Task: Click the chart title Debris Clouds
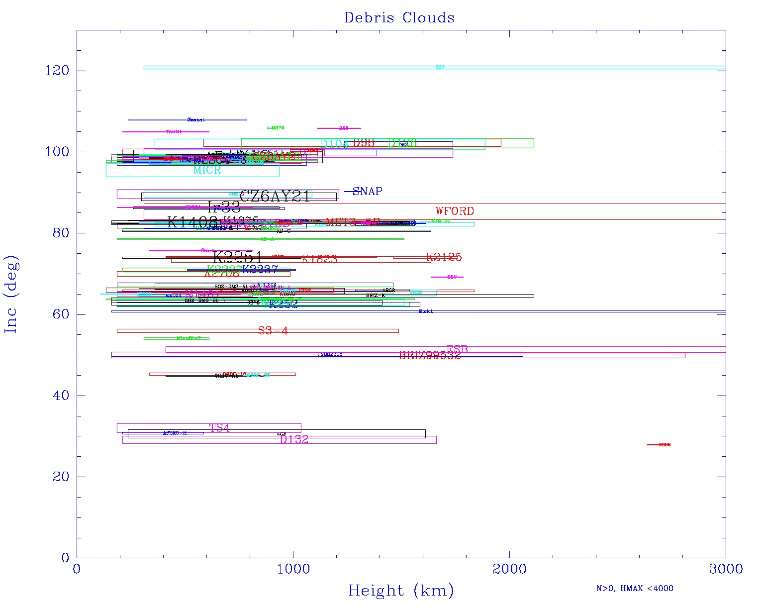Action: pyautogui.click(x=399, y=18)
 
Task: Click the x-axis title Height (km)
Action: pyautogui.click(x=401, y=591)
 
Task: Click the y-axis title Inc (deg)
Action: pyautogui.click(x=11, y=294)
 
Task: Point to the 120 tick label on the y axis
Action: pyautogui.click(x=57, y=71)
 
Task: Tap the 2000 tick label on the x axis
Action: pyautogui.click(x=509, y=569)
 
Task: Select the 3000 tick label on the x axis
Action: pyautogui.click(x=725, y=569)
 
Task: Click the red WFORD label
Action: pyautogui.click(x=455, y=211)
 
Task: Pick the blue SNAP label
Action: pyautogui.click(x=367, y=192)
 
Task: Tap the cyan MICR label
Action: pyautogui.click(x=207, y=170)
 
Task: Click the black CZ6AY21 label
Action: pyautogui.click(x=275, y=197)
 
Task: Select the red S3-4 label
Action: pyautogui.click(x=273, y=331)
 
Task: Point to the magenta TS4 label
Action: pyautogui.click(x=219, y=428)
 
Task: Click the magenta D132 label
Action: pyautogui.click(x=294, y=440)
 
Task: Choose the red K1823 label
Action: pyautogui.click(x=319, y=259)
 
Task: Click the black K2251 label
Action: pyautogui.click(x=237, y=257)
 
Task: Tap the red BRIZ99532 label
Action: pyautogui.click(x=430, y=355)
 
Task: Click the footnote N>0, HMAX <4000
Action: pyautogui.click(x=635, y=589)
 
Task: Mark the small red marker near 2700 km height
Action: pyautogui.click(x=659, y=445)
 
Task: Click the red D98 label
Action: pyautogui.click(x=363, y=143)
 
